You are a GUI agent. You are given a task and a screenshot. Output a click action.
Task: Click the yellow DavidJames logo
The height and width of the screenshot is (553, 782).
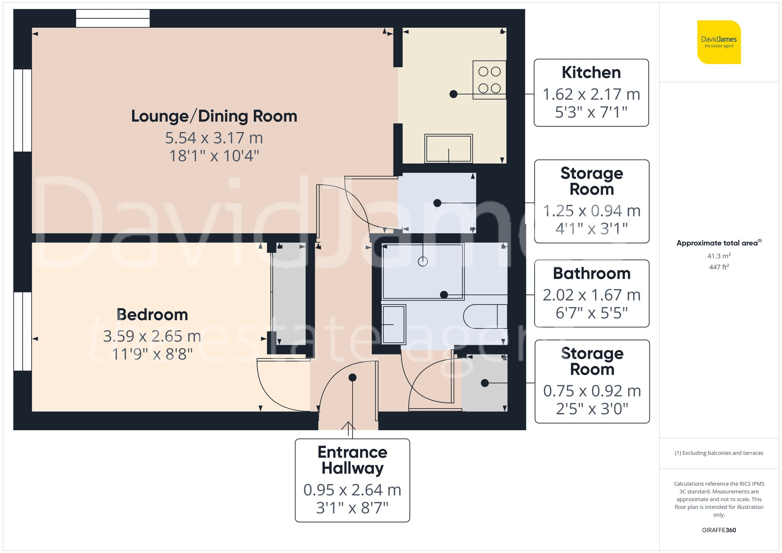[719, 42]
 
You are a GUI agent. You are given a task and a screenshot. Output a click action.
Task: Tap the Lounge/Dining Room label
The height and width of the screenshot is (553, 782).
[214, 116]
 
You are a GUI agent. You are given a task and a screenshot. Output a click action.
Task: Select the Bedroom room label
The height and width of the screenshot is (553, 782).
[152, 315]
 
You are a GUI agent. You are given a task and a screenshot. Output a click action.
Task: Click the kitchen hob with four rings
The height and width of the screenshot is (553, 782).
[489, 80]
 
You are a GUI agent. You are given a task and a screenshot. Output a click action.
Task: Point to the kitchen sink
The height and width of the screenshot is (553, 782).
[448, 149]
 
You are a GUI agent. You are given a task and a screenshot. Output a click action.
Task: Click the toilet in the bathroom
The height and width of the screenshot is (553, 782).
[485, 316]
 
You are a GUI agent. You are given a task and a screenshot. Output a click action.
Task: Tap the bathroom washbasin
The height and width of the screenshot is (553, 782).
[393, 324]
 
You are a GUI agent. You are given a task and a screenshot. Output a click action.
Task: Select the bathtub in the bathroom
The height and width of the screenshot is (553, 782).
[423, 271]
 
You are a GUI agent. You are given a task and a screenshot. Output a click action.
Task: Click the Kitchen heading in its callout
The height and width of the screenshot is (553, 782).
[591, 72]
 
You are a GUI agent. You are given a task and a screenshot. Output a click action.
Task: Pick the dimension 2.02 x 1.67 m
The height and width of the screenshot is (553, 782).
[591, 295]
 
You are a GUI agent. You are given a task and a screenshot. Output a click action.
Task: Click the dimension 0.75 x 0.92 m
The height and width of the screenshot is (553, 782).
[592, 391]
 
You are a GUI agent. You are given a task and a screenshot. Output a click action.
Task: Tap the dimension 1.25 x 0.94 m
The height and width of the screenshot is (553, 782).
[591, 211]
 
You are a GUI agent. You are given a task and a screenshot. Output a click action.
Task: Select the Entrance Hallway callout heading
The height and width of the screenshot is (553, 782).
[352, 460]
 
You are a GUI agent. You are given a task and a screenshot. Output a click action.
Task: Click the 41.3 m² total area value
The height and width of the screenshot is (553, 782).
[719, 256]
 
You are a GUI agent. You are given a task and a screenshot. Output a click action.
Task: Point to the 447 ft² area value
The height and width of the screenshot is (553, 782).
[719, 267]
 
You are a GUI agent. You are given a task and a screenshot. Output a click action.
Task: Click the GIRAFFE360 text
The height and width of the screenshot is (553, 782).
[719, 530]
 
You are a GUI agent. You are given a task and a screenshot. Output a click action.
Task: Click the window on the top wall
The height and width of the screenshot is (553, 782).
[113, 18]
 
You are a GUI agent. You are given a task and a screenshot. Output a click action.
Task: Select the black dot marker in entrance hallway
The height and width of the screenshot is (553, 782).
[352, 378]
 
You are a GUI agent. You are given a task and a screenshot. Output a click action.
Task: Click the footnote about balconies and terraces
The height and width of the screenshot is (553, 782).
[719, 453]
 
